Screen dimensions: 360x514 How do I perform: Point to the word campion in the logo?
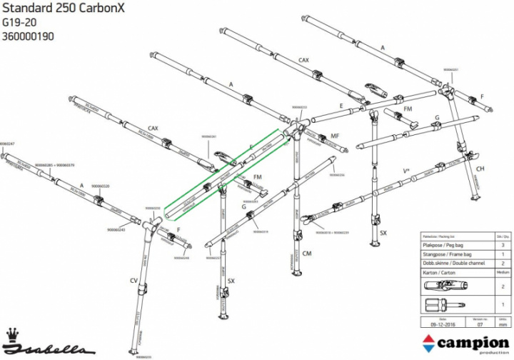[x=475, y=344]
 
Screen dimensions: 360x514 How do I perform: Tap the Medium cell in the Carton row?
[x=503, y=272]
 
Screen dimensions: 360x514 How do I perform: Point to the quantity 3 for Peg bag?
[x=503, y=244]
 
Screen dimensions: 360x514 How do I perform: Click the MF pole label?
[x=334, y=136]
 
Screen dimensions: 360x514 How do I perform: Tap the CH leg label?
[x=480, y=168]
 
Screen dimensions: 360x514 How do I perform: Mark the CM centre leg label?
[x=308, y=252]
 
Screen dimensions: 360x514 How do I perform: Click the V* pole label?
[x=406, y=171]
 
